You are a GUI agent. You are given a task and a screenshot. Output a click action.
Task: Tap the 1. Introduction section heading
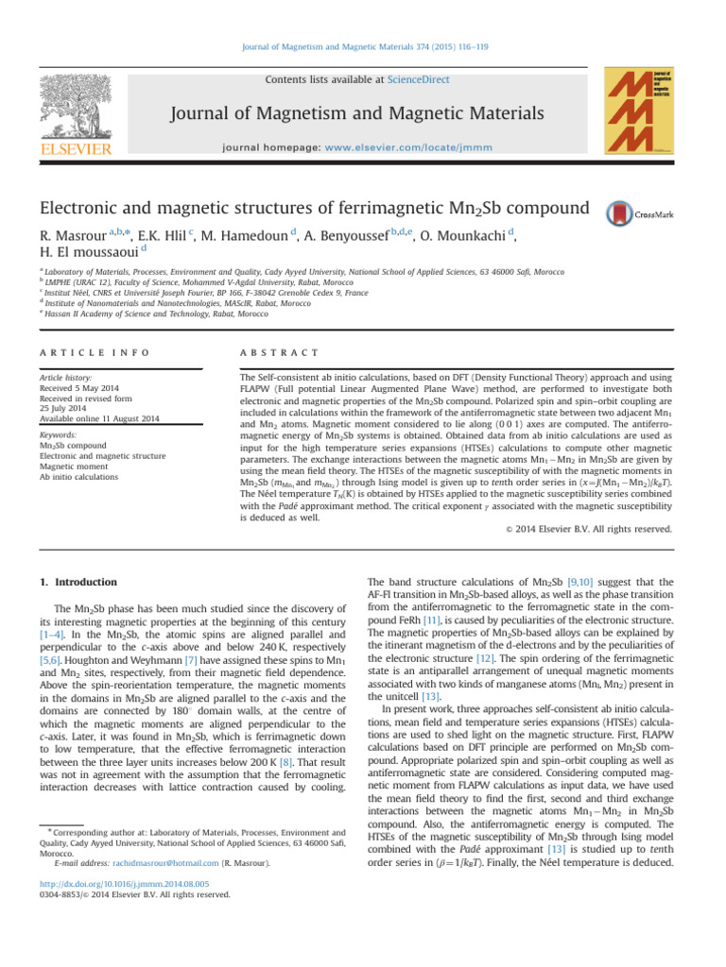coord(78,583)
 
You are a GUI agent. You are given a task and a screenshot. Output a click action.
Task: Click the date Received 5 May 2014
coord(81,387)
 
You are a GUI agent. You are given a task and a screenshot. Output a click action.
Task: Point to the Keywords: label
coord(60,436)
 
